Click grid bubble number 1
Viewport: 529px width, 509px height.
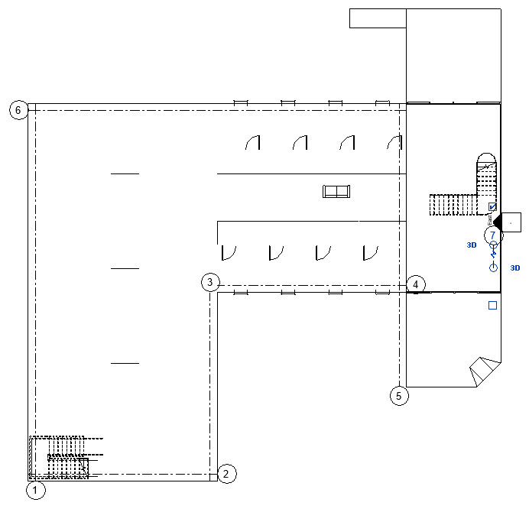(36, 490)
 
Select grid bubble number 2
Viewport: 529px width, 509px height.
(226, 474)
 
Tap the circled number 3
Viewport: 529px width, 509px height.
(211, 282)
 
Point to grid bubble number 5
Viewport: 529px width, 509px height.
(398, 395)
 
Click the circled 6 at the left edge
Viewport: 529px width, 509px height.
(18, 110)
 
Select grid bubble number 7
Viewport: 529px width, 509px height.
(493, 235)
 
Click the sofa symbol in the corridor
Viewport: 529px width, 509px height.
(336, 191)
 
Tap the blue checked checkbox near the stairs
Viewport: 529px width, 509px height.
(493, 207)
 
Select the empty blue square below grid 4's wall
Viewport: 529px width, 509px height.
(493, 306)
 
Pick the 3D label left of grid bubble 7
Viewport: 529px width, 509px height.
(472, 245)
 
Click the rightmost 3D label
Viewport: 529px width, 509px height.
(515, 268)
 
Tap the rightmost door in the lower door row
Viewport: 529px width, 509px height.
(372, 252)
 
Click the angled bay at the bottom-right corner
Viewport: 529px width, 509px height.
(482, 372)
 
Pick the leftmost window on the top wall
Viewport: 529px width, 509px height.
(241, 102)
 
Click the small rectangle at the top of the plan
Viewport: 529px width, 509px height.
(378, 18)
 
